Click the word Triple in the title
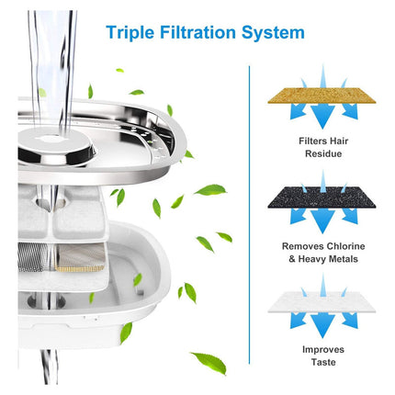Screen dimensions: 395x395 132,34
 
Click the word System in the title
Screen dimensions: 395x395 273,34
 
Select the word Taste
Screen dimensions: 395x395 322,363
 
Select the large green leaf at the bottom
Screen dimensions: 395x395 208,362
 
